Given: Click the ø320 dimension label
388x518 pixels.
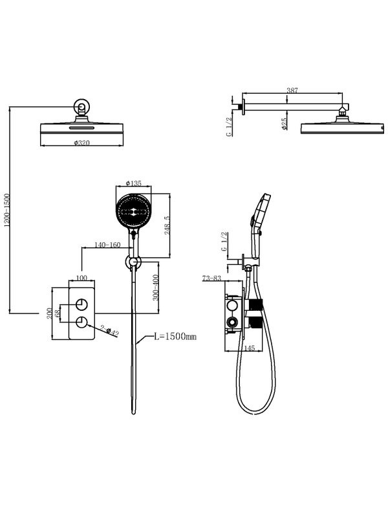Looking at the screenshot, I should point(81,142).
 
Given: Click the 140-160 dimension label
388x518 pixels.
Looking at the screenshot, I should point(107,245).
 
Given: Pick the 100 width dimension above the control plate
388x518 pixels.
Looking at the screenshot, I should point(82,278).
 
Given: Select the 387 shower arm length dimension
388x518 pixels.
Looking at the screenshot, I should point(292,91).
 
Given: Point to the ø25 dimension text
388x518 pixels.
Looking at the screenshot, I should point(284,124).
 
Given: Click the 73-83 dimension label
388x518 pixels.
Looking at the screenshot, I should point(213,278).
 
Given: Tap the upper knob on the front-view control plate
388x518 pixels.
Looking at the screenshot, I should point(83,304).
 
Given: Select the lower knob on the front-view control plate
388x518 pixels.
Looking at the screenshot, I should point(83,322).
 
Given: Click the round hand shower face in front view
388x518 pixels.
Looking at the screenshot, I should point(133,210).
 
